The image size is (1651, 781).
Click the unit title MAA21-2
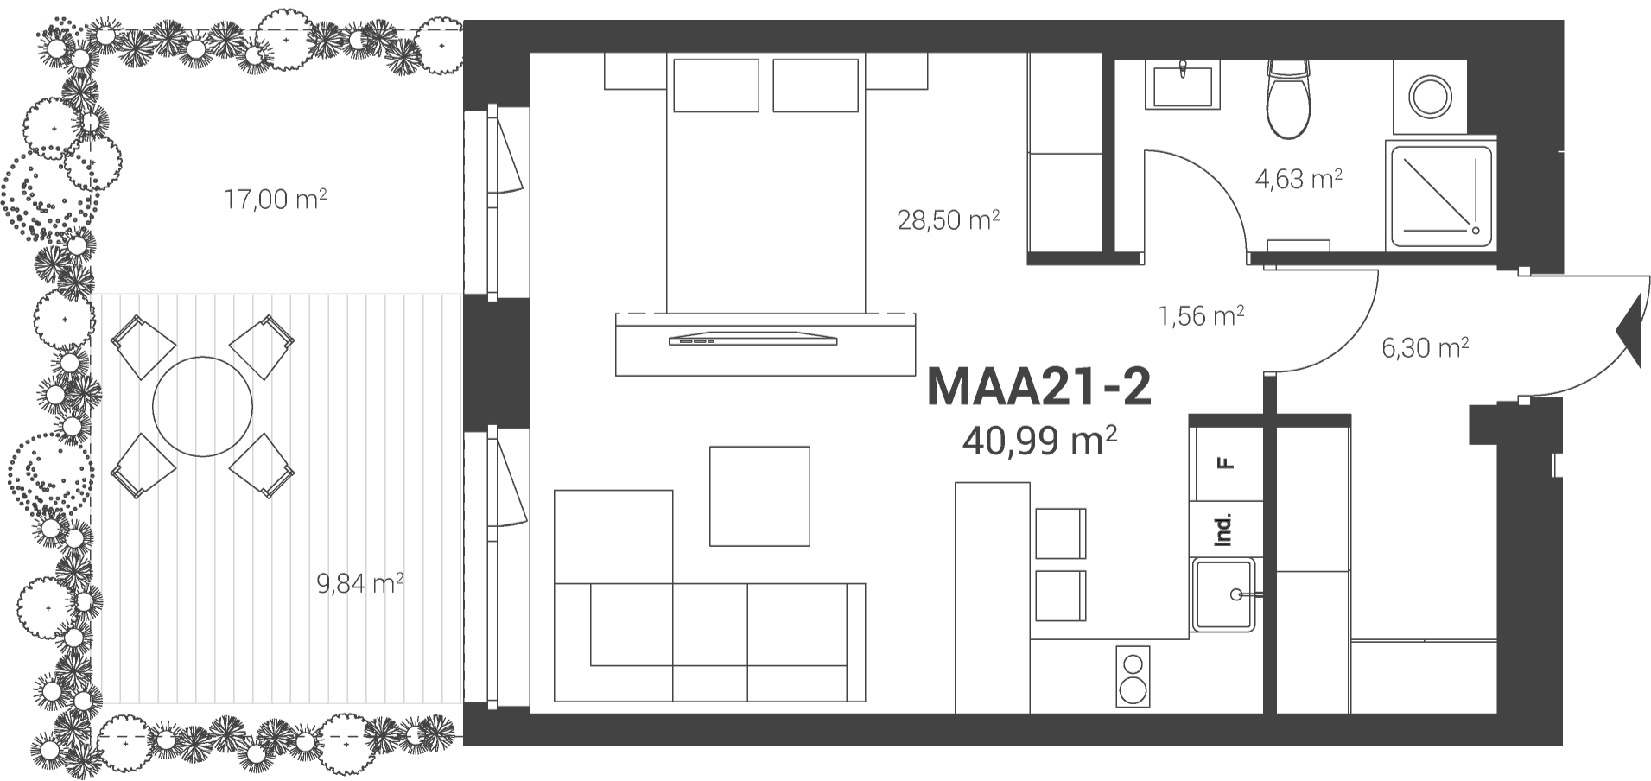(1038, 388)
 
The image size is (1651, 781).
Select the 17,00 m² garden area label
(276, 200)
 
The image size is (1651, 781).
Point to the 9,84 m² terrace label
(361, 584)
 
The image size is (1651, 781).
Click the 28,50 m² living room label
(949, 219)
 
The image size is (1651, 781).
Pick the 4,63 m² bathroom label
(1299, 179)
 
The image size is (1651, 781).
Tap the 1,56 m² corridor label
(1201, 315)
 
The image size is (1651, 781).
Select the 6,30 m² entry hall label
(1426, 347)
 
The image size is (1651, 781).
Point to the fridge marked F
(1224, 463)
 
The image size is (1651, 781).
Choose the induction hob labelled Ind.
(1224, 529)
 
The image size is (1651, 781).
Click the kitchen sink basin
(1224, 594)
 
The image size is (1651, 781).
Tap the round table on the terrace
(203, 406)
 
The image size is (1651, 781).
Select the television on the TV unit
(753, 338)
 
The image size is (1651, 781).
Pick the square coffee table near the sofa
(759, 496)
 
